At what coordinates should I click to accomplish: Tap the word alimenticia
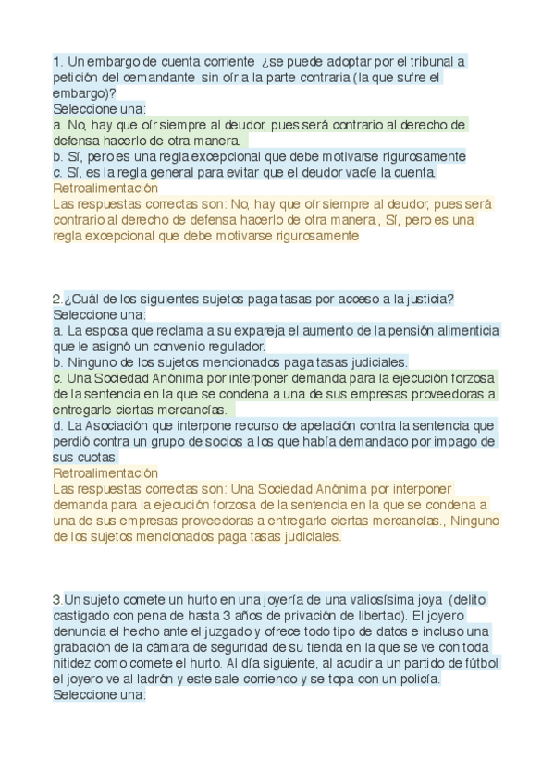458,330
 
